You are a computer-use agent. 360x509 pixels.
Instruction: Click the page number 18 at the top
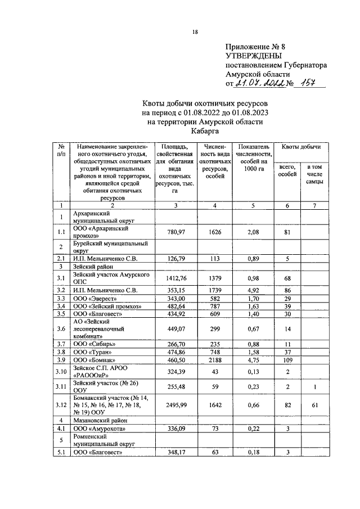[195, 31]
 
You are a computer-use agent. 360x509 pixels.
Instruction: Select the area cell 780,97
[177, 232]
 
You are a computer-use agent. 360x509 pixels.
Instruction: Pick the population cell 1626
[215, 232]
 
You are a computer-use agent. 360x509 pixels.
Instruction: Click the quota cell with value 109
[287, 358]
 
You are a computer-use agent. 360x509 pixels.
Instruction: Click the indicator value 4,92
[253, 289]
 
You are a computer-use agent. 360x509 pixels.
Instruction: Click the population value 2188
[215, 358]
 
